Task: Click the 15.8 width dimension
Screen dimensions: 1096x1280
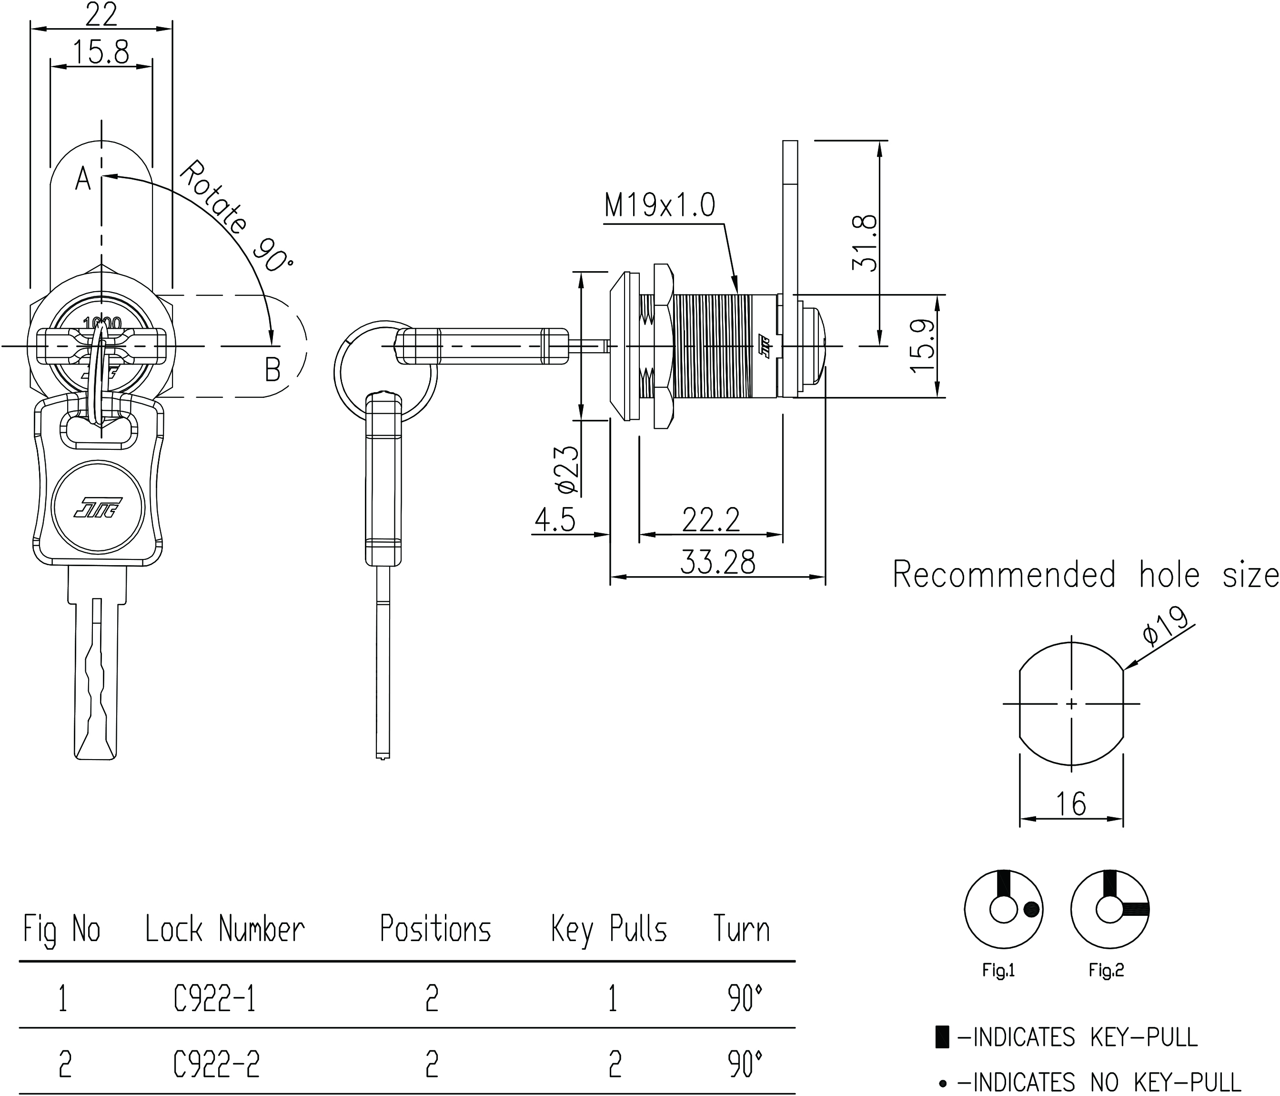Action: pyautogui.click(x=101, y=52)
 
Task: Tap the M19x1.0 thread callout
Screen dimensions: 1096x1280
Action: pyautogui.click(x=659, y=205)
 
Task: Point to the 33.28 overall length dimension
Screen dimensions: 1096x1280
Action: pyautogui.click(x=717, y=562)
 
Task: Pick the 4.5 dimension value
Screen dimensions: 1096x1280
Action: pyautogui.click(x=555, y=519)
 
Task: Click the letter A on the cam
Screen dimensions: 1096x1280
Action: pyautogui.click(x=83, y=179)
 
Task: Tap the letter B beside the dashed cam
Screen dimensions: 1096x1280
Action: pyautogui.click(x=272, y=369)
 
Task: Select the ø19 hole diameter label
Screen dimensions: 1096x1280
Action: pyautogui.click(x=1165, y=626)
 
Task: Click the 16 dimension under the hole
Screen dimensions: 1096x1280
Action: pyautogui.click(x=1070, y=804)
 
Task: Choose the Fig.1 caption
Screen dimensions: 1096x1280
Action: pyautogui.click(x=998, y=971)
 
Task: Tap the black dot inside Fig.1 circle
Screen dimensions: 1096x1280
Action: pyautogui.click(x=1032, y=909)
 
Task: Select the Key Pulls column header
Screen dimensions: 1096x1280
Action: pyautogui.click(x=608, y=929)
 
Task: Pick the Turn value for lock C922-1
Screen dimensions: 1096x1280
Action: pyautogui.click(x=745, y=999)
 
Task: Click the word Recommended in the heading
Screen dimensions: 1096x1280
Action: pyautogui.click(x=1004, y=575)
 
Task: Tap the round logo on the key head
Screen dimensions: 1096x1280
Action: pyautogui.click(x=98, y=507)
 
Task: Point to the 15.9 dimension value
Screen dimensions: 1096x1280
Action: pyautogui.click(x=922, y=346)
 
